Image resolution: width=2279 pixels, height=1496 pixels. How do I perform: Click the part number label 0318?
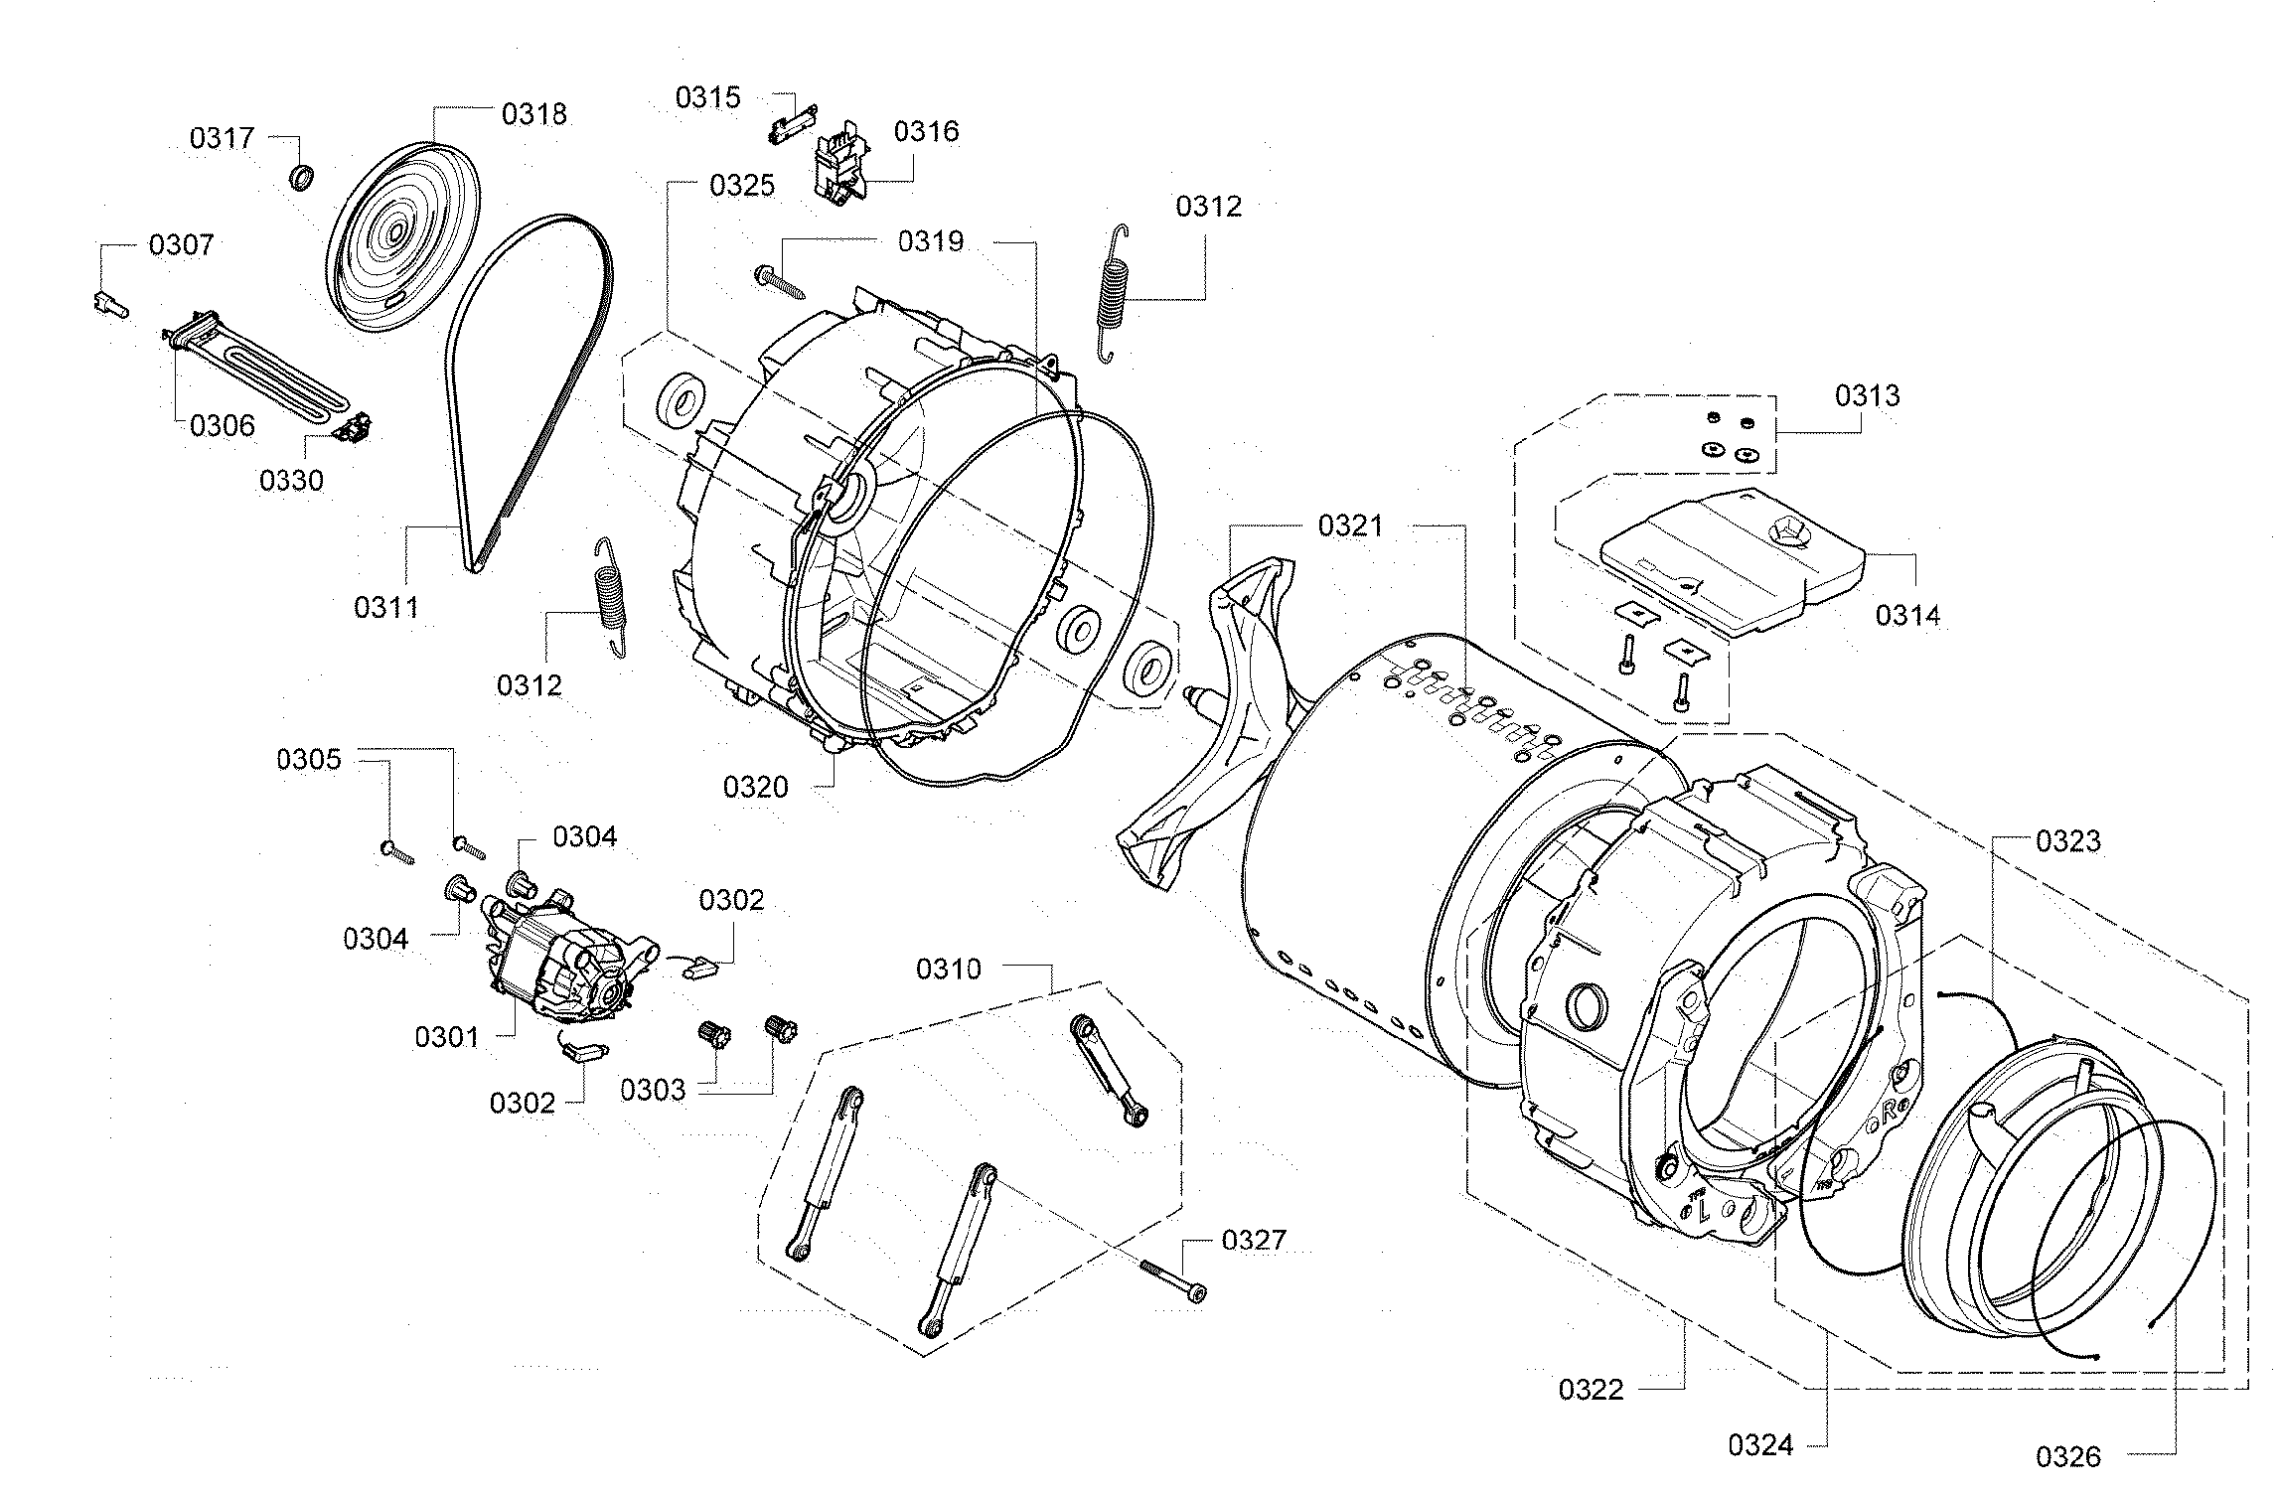[x=533, y=114]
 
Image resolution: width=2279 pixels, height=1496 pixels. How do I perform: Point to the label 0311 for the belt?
[x=386, y=607]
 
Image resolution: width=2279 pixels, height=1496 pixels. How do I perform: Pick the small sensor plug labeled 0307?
[x=109, y=304]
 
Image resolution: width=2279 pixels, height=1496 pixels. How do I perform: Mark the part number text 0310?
[x=948, y=969]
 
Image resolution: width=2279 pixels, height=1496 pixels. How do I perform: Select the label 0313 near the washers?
[x=1867, y=395]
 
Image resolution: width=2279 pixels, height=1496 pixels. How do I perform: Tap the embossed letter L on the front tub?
[x=1703, y=1210]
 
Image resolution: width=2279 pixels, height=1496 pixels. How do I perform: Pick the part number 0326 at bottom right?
[x=2068, y=1456]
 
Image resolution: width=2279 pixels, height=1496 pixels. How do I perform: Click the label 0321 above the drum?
[x=1350, y=525]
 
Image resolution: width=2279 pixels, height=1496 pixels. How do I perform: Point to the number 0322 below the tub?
[x=1591, y=1389]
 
